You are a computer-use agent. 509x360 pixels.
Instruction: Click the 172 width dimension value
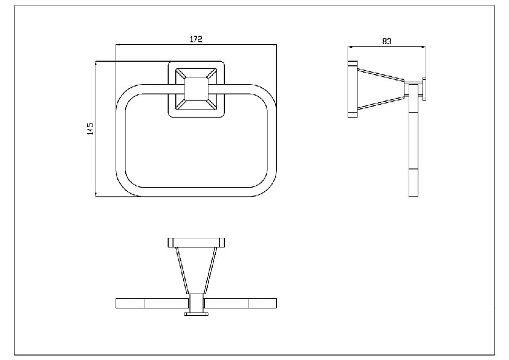196,39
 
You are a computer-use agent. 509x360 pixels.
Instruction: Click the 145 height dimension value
90,129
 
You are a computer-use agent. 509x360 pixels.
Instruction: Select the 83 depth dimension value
387,41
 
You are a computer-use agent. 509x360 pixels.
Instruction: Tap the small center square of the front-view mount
196,89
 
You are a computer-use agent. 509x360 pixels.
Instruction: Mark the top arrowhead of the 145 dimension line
96,64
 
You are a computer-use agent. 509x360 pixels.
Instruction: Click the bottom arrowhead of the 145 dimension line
96,194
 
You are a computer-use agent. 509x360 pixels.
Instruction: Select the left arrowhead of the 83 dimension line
350,47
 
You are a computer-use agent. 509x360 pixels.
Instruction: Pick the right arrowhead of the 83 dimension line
424,47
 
